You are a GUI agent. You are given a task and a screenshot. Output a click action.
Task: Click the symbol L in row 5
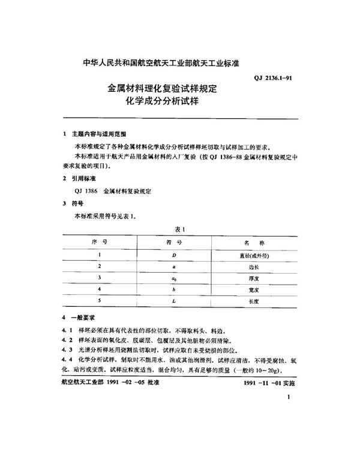coord(173,301)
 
